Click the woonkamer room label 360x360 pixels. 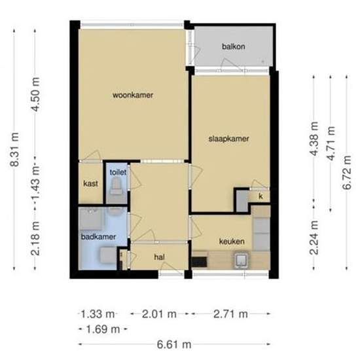(x=133, y=96)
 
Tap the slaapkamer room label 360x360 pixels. (x=228, y=139)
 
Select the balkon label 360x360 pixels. (x=233, y=47)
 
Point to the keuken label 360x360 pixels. (x=232, y=240)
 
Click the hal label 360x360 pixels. (x=158, y=257)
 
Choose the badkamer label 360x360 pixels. (x=94, y=236)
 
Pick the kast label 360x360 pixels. (x=90, y=184)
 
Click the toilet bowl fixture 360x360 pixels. (x=117, y=189)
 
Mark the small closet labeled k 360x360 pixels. (x=260, y=196)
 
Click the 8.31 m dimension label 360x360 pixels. (x=15, y=150)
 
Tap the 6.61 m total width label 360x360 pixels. (x=174, y=344)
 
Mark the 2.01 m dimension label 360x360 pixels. (x=160, y=315)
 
